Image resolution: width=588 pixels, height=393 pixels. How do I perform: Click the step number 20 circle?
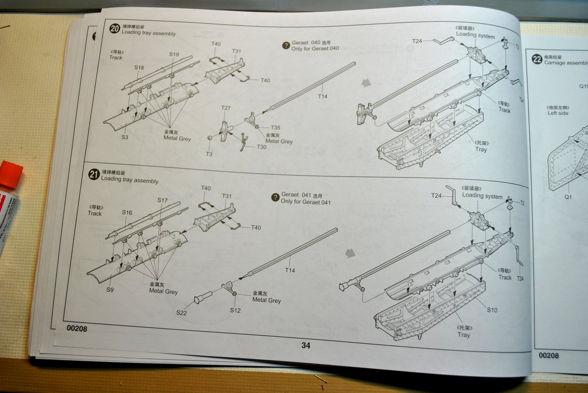[114, 29]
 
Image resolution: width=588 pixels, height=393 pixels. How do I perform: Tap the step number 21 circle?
[93, 175]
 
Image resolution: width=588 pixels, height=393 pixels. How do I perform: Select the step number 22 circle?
[537, 59]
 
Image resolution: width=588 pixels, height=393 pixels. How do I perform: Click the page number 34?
[306, 345]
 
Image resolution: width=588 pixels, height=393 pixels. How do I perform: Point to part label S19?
[174, 54]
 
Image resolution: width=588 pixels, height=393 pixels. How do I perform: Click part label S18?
[139, 67]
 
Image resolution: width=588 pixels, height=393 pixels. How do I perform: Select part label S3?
[125, 137]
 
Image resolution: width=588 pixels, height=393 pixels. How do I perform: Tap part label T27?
[226, 108]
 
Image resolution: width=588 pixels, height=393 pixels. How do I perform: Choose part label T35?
[275, 128]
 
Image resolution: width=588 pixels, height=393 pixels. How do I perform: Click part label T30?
[261, 147]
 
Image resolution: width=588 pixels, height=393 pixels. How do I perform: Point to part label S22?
[181, 313]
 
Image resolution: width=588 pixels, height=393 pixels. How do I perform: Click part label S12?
[235, 310]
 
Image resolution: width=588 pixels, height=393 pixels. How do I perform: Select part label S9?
[110, 290]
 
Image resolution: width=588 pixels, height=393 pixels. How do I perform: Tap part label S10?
[492, 310]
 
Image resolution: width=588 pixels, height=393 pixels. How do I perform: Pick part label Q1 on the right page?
[568, 197]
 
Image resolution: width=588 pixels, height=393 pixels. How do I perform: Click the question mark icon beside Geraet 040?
[286, 45]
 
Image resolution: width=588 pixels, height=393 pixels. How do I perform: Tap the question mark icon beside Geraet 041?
[275, 198]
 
